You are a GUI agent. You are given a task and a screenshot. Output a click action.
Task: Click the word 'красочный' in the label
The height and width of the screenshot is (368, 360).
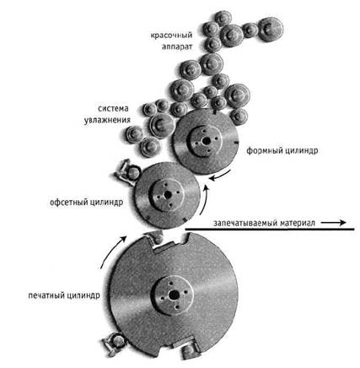coord(171,35)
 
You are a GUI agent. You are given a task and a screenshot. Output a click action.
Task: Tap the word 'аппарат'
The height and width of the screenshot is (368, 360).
coord(177,46)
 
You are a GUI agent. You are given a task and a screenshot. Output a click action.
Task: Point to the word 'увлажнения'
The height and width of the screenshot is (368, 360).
coord(107,120)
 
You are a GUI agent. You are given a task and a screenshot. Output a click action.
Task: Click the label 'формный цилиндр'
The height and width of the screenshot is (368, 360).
coord(282,150)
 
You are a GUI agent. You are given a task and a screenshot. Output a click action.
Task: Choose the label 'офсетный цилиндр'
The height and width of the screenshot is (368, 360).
coord(86,203)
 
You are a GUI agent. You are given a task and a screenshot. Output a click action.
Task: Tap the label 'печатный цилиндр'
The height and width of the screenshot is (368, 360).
coord(64,295)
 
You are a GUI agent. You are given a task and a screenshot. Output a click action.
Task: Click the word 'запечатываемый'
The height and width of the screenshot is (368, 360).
coord(244,223)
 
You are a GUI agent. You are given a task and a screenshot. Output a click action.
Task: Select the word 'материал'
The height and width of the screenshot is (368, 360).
coord(298,223)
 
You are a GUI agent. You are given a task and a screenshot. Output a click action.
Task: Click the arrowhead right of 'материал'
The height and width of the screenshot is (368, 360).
coord(343,223)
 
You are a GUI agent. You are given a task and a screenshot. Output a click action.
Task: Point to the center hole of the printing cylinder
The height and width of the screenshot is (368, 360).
coord(175,295)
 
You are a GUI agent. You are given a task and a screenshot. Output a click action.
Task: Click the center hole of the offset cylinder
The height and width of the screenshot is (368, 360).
coord(168,195)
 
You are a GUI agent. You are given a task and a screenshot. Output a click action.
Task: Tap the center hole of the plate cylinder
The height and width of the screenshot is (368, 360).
coord(207,141)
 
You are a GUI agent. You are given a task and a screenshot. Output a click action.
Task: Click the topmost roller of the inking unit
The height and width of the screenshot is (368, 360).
coord(223,18)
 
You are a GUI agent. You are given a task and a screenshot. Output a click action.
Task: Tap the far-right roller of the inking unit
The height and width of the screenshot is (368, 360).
coord(271,29)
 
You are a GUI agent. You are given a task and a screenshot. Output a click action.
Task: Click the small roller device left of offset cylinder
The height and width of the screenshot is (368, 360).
coord(128,172)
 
